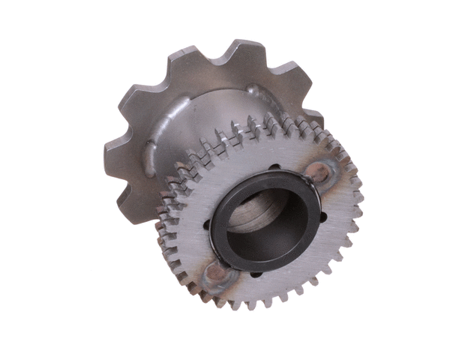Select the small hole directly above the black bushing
(274, 166)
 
